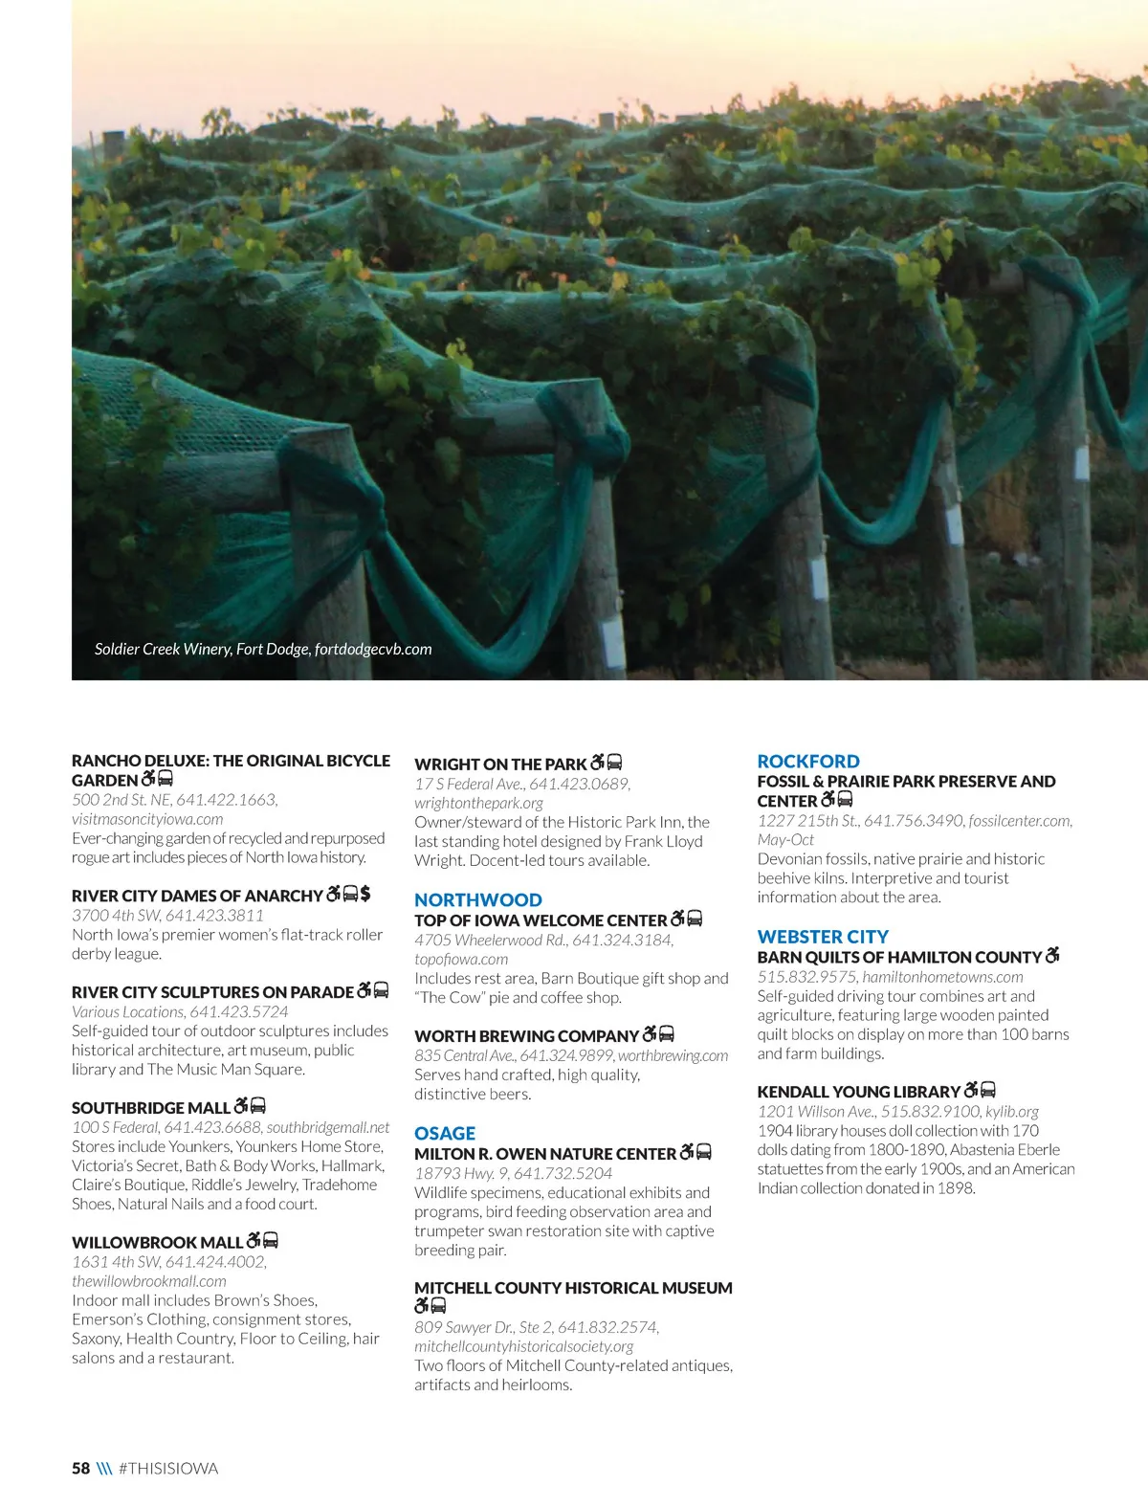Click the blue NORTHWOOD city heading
coord(477,900)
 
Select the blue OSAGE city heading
coord(445,1134)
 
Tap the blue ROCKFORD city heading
coord(808,762)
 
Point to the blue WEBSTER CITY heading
coord(823,937)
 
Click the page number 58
coord(80,1469)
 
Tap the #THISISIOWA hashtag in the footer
coord(168,1469)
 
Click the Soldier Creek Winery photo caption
coord(263,649)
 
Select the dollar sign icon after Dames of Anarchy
coord(365,895)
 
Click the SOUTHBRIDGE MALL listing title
coord(151,1108)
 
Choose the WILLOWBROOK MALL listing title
coord(157,1243)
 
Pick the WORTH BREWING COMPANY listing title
coord(526,1036)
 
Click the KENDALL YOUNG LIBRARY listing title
coord(858,1092)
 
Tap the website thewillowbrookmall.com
coord(149,1281)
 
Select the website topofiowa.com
coord(461,959)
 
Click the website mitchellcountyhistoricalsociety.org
coord(523,1346)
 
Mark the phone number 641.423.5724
coord(239,1011)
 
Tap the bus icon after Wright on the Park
coord(615,763)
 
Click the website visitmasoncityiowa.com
coord(147,819)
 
